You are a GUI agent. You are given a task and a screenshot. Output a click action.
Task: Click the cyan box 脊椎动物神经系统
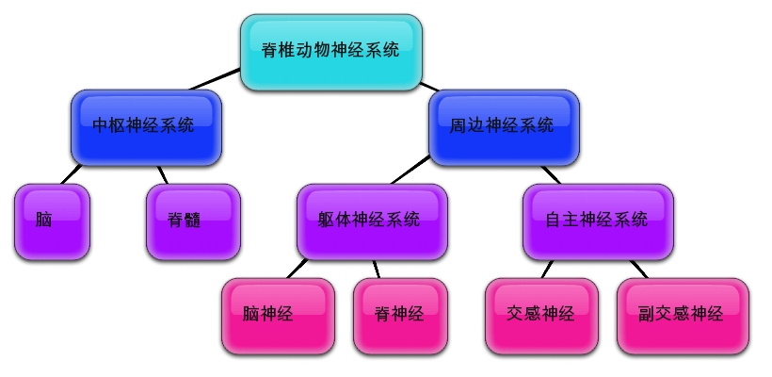[x=330, y=52]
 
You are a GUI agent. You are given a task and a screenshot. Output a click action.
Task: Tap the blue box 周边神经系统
[x=503, y=126]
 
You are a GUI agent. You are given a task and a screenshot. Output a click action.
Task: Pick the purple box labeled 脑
[x=52, y=221]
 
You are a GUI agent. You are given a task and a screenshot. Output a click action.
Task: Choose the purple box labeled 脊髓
[x=193, y=221]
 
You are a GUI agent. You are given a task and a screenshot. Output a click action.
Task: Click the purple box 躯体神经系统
[x=371, y=221]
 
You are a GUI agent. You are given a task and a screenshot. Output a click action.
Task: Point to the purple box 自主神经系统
[x=597, y=221]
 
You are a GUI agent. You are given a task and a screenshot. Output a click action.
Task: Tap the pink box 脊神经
[x=400, y=315]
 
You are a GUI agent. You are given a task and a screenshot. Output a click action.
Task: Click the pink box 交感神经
[x=540, y=315]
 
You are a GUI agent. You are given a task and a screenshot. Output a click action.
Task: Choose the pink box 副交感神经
[x=683, y=315]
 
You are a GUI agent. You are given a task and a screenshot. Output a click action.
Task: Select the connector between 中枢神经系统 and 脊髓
[x=163, y=173]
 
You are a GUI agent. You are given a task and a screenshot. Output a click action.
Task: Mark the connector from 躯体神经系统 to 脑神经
[x=298, y=268]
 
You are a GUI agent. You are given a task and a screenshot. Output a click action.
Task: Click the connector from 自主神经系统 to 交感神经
[x=549, y=269]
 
